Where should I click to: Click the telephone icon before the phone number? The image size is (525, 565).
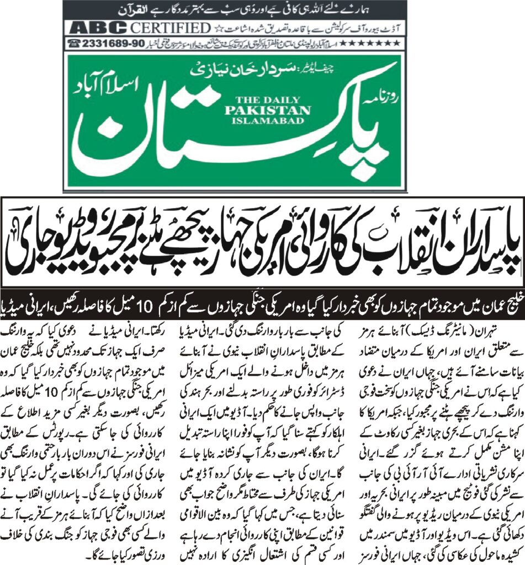(72, 42)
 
